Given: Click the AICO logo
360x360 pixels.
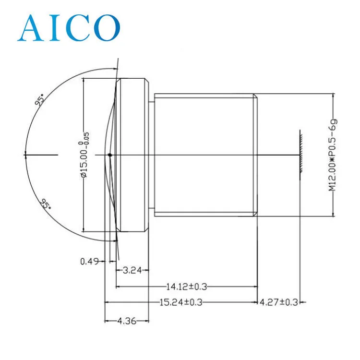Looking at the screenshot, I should (x=68, y=27).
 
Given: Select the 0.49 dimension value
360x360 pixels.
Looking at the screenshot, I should (x=89, y=261).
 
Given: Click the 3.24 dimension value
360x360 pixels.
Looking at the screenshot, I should (x=132, y=270).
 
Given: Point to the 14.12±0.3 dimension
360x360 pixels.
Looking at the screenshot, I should (x=186, y=287).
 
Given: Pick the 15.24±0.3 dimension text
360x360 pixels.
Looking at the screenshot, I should (x=180, y=302).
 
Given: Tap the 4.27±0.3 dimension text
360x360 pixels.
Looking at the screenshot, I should (x=279, y=302).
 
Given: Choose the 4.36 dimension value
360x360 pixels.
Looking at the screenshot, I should (x=127, y=321).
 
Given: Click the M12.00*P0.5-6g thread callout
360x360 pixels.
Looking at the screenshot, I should (x=332, y=154).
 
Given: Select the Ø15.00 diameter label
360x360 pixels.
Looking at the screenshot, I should (x=84, y=155).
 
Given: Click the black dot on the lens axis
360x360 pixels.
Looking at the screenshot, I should (x=110, y=155).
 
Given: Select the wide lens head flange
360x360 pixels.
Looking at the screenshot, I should (x=133, y=155).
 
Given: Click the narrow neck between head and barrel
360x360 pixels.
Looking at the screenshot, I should (x=151, y=155).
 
